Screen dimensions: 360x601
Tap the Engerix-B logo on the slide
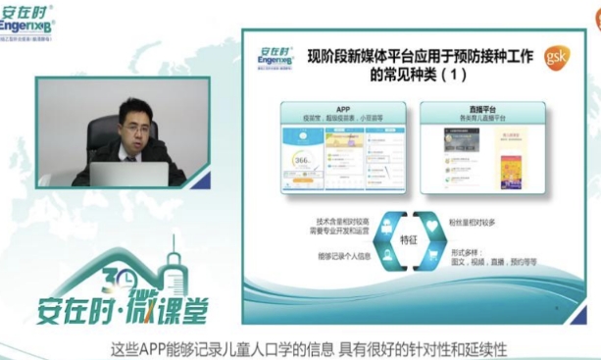[276, 58]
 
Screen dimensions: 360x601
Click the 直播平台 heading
[474, 107]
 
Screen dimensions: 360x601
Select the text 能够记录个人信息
[340, 256]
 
